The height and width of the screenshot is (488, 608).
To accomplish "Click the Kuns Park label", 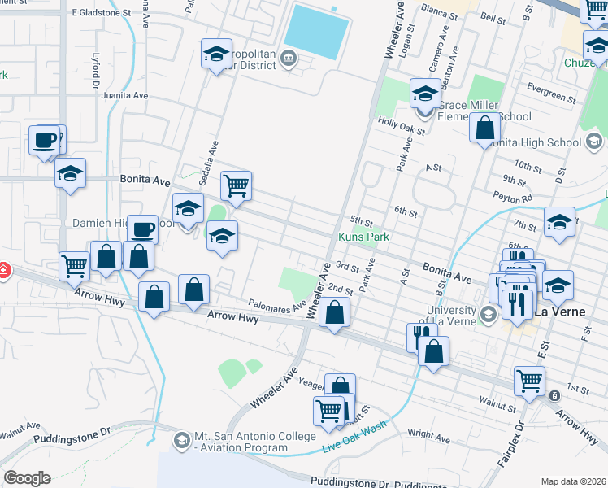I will click(x=363, y=237).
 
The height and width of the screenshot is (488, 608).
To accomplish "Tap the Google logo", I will click(x=27, y=478).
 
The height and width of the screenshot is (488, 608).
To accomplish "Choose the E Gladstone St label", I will click(x=101, y=13).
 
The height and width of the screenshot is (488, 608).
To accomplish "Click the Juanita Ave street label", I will click(x=124, y=95).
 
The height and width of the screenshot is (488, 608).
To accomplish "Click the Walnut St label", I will click(x=497, y=403).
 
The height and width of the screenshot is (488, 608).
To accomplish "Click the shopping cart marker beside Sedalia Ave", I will click(x=236, y=185).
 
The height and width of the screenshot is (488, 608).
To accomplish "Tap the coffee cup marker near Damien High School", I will click(x=143, y=229).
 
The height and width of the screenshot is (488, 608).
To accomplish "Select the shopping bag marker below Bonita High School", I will click(x=485, y=128).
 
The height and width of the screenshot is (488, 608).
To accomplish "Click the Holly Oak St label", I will click(x=402, y=124).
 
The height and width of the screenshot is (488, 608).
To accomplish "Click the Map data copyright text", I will click(x=574, y=481).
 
